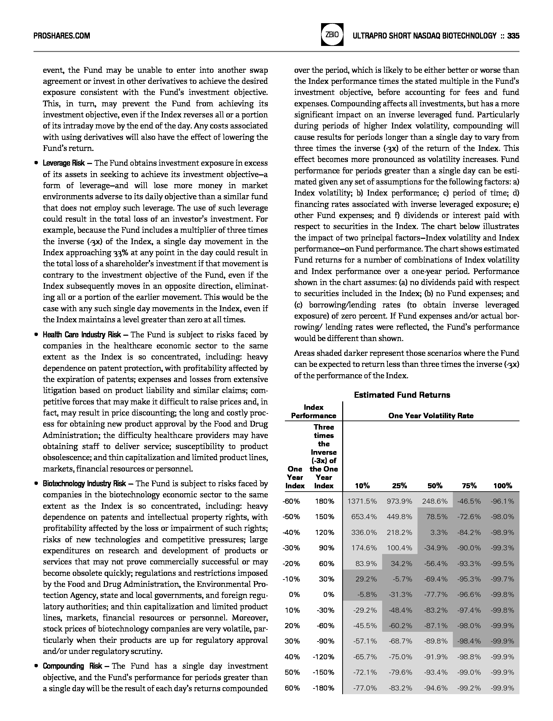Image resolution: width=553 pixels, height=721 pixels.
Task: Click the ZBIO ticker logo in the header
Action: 332,35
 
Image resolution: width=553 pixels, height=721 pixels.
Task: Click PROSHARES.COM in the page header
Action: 62,36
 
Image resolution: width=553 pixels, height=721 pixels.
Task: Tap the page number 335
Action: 513,36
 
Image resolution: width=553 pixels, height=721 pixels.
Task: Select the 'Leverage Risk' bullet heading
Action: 64,163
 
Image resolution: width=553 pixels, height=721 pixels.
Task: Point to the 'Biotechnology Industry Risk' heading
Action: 84,484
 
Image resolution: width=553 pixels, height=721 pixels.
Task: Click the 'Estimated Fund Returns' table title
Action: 402,395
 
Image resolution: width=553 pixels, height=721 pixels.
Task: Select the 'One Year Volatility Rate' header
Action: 431,416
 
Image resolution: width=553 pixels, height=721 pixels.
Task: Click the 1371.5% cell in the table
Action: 362,501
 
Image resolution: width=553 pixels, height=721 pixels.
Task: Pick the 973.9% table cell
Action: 399,501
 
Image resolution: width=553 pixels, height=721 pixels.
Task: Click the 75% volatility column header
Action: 469,486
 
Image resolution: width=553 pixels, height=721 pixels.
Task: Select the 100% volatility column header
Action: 502,486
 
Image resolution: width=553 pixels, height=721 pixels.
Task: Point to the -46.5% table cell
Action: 469,501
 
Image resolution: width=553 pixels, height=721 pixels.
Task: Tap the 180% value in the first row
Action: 324,501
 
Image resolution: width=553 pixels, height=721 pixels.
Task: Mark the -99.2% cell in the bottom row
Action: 469,688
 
